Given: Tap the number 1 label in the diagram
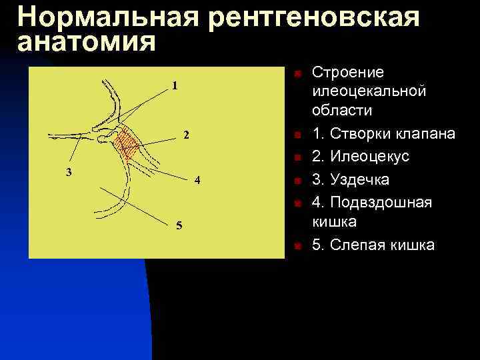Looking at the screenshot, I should coord(175,85).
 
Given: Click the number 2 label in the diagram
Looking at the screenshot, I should coord(187,135).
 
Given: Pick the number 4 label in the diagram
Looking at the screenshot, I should coord(197,181).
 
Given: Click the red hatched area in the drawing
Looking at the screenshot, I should coord(127,143).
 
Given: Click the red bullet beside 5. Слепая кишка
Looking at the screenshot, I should coord(299,246).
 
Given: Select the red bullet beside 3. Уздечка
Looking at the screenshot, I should coord(299,181).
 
